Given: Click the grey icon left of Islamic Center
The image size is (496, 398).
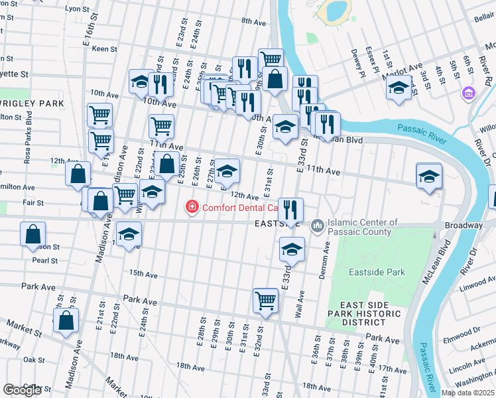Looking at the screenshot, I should coord(317,227).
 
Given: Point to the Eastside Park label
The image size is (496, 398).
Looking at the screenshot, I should coord(377,273).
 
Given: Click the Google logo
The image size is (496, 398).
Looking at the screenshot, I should coord(22,390).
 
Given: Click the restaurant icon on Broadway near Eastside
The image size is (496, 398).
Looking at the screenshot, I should coord(290,210).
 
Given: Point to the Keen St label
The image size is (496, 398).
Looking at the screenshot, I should coord(105,49).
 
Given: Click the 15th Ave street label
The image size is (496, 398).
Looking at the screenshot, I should coord(143,273).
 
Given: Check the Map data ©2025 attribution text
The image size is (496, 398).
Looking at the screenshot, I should coord(467,393).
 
